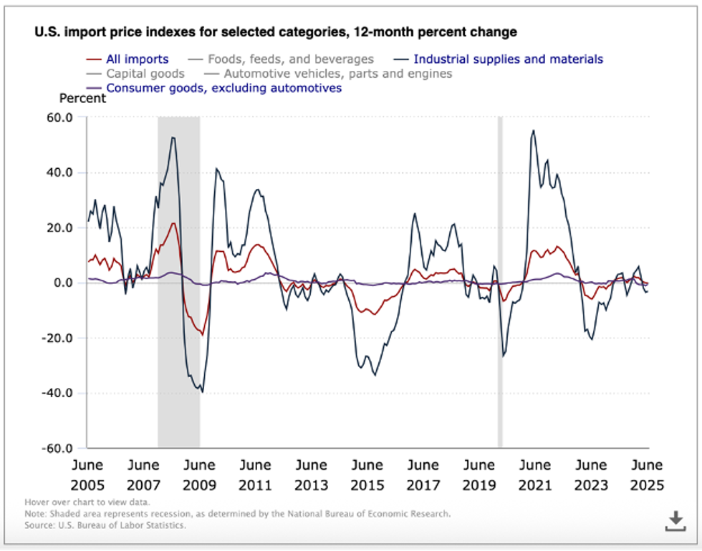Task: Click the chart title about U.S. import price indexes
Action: click(x=275, y=32)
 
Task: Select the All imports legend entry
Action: click(x=137, y=59)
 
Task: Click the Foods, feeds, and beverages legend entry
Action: click(x=291, y=59)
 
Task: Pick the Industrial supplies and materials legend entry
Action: click(x=508, y=59)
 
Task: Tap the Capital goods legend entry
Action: click(x=145, y=74)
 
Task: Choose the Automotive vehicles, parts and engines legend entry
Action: click(x=337, y=74)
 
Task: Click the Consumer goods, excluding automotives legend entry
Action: click(x=223, y=88)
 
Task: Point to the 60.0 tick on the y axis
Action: click(x=59, y=117)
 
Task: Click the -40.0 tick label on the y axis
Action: click(x=57, y=393)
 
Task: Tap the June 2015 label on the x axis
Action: click(x=367, y=475)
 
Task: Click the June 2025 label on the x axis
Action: click(x=645, y=475)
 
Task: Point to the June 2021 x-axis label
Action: click(x=534, y=475)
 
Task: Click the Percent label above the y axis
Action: click(x=82, y=99)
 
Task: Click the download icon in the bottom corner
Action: click(x=675, y=522)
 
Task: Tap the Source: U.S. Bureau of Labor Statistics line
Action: click(x=105, y=525)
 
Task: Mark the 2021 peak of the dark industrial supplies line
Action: click(x=533, y=130)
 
